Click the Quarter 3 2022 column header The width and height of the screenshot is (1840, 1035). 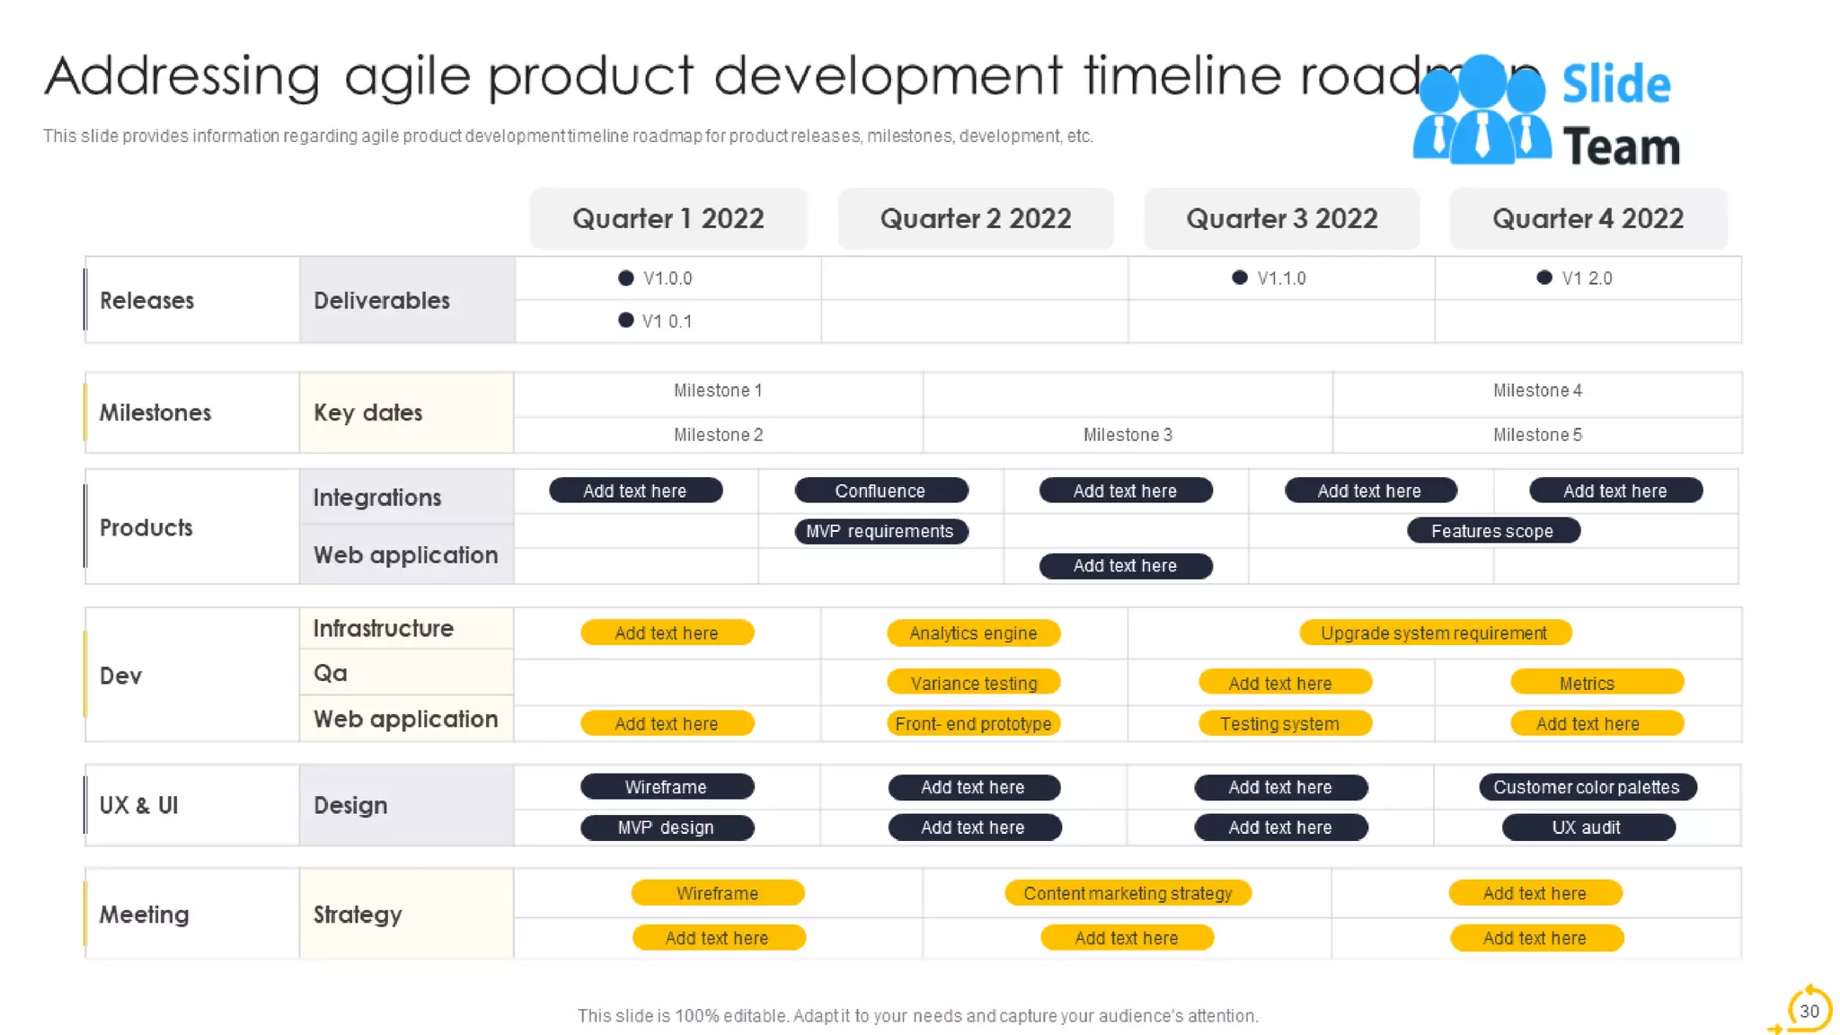[1281, 218]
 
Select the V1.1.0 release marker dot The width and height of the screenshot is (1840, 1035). [1240, 278]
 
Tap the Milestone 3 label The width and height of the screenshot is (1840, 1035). [1128, 435]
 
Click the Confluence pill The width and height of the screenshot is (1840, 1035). [880, 491]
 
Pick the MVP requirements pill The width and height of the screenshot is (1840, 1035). [880, 531]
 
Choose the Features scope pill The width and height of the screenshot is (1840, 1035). [1492, 531]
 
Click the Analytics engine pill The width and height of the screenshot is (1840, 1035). [973, 633]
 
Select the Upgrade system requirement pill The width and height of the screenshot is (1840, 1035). [1435, 633]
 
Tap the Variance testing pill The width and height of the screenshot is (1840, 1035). [973, 683]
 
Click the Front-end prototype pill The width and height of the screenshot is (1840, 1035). [973, 724]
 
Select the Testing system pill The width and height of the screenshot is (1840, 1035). [1280, 724]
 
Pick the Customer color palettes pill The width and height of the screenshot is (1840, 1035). [1587, 787]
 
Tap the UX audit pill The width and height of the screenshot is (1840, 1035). [1587, 827]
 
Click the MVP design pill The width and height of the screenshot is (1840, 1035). [667, 827]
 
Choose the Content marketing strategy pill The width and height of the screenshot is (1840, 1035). [1128, 893]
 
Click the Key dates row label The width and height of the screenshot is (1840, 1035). [368, 412]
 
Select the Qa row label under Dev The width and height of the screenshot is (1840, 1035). [331, 673]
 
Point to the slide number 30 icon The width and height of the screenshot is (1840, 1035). [1809, 1011]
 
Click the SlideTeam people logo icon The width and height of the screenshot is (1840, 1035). [1482, 111]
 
